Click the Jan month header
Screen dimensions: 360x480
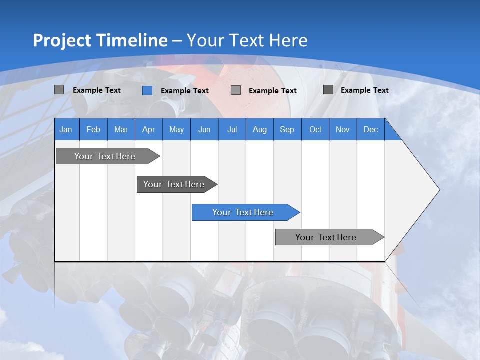click(x=66, y=129)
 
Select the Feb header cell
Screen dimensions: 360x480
click(x=93, y=129)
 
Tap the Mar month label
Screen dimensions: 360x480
click(x=121, y=129)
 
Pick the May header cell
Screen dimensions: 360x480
click(x=176, y=129)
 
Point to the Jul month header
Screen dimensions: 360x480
click(x=232, y=129)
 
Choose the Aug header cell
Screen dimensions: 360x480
click(x=260, y=129)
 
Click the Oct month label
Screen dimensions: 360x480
click(x=315, y=129)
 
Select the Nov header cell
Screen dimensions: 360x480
click(x=343, y=129)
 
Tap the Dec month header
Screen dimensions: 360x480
click(x=370, y=129)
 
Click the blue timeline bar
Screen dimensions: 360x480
click(x=242, y=212)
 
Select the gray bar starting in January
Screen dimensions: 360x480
click(x=105, y=156)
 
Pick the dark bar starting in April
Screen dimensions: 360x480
click(x=174, y=184)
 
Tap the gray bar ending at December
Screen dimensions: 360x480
click(x=326, y=237)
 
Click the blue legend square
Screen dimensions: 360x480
click(x=147, y=90)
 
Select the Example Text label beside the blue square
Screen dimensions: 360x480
click(x=184, y=91)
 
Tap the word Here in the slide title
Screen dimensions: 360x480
click(x=288, y=40)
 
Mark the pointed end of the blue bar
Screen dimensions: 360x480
click(x=298, y=212)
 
